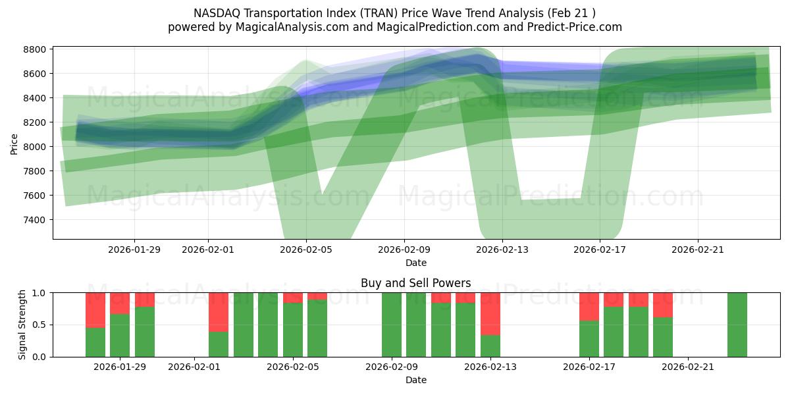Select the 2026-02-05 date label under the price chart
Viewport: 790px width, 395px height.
pos(305,250)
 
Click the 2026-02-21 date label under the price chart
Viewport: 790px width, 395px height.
pos(698,250)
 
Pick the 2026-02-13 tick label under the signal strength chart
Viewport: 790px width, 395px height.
pos(490,367)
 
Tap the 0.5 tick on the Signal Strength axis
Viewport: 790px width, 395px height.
pos(39,325)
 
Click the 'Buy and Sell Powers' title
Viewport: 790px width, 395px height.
pos(415,283)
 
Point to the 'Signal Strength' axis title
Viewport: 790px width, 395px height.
pos(22,325)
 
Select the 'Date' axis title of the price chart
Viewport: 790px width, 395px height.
pos(415,263)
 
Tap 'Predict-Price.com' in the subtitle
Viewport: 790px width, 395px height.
pos(577,27)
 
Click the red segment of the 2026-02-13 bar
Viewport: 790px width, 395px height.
pos(490,313)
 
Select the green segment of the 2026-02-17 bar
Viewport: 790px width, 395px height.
pos(589,338)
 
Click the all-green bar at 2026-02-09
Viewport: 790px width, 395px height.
pos(392,325)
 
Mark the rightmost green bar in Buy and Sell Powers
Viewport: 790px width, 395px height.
pos(737,325)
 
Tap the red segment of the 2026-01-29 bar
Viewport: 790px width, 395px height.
pos(120,303)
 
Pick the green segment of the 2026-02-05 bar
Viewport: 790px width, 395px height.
pos(293,329)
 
